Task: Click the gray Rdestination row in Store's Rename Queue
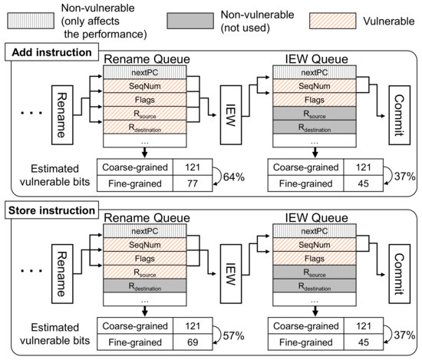point(143,287)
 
